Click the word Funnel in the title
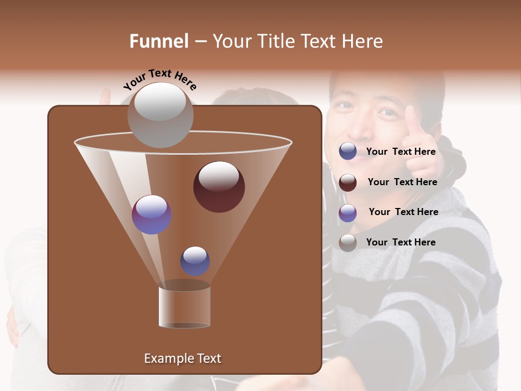tap(159, 41)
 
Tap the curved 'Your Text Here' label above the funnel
tap(160, 79)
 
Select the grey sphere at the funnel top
tap(160, 115)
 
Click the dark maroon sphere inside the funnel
tap(219, 187)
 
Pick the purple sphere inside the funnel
tap(151, 215)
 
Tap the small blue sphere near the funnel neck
tap(195, 261)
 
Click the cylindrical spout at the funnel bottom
tap(184, 307)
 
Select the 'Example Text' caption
tap(182, 358)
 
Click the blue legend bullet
tap(348, 152)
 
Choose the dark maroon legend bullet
tap(348, 182)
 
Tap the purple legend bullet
tap(348, 213)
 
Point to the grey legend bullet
tap(348, 243)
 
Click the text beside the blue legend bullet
tap(401, 152)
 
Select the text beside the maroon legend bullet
tap(402, 182)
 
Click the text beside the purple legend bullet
tap(403, 212)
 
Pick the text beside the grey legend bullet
tap(401, 242)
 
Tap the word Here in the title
tap(363, 41)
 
